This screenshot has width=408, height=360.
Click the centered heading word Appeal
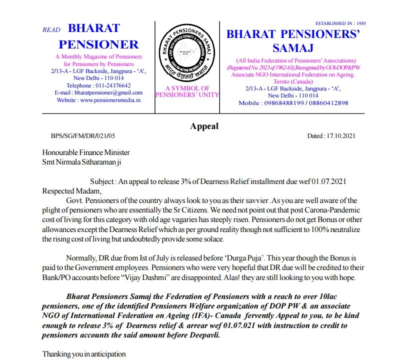click(204, 126)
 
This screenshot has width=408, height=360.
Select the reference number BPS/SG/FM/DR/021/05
click(83, 136)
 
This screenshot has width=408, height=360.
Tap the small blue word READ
click(51, 30)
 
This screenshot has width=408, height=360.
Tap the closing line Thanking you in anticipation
click(83, 354)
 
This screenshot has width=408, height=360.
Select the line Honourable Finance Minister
click(86, 152)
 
